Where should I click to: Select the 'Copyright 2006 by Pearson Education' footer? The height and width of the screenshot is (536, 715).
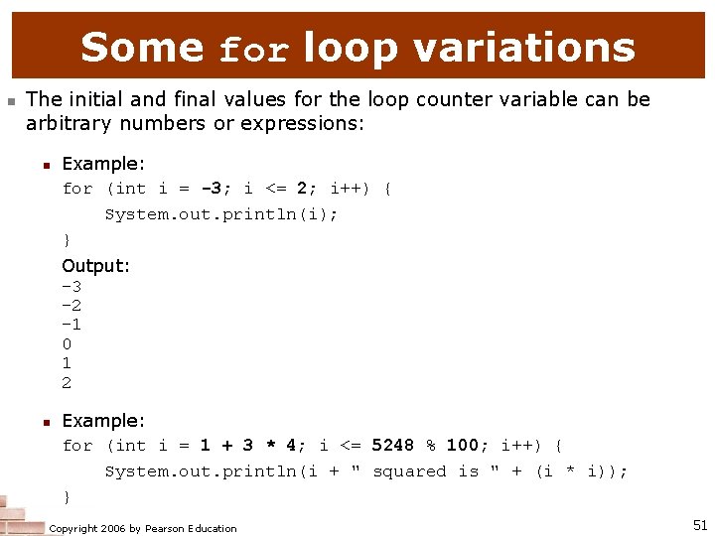pos(143,528)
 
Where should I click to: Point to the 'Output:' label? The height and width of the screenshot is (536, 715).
pos(95,266)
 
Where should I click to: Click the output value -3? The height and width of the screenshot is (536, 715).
pos(71,286)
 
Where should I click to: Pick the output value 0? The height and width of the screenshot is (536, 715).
pos(67,344)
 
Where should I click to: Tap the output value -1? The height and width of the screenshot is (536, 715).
pos(71,325)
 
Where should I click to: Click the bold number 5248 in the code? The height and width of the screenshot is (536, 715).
pos(392,446)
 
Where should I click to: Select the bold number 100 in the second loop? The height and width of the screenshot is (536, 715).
pos(462,446)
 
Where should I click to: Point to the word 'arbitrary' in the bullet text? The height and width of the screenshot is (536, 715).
pos(67,123)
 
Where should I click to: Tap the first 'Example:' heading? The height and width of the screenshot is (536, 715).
pos(103,163)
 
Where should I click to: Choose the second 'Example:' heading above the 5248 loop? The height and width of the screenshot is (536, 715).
pos(103,421)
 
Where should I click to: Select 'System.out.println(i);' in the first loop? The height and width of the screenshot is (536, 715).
pos(220,213)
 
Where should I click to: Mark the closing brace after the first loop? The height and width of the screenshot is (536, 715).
pos(67,239)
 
